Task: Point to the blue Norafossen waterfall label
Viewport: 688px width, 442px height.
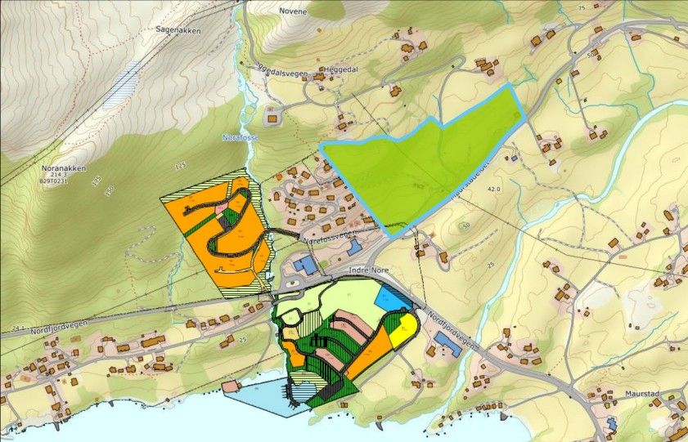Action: coord(241,137)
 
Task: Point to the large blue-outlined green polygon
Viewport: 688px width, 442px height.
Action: coord(425,159)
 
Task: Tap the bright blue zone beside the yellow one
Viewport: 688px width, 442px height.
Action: coord(394,300)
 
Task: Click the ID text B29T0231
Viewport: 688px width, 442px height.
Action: coord(56,182)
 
